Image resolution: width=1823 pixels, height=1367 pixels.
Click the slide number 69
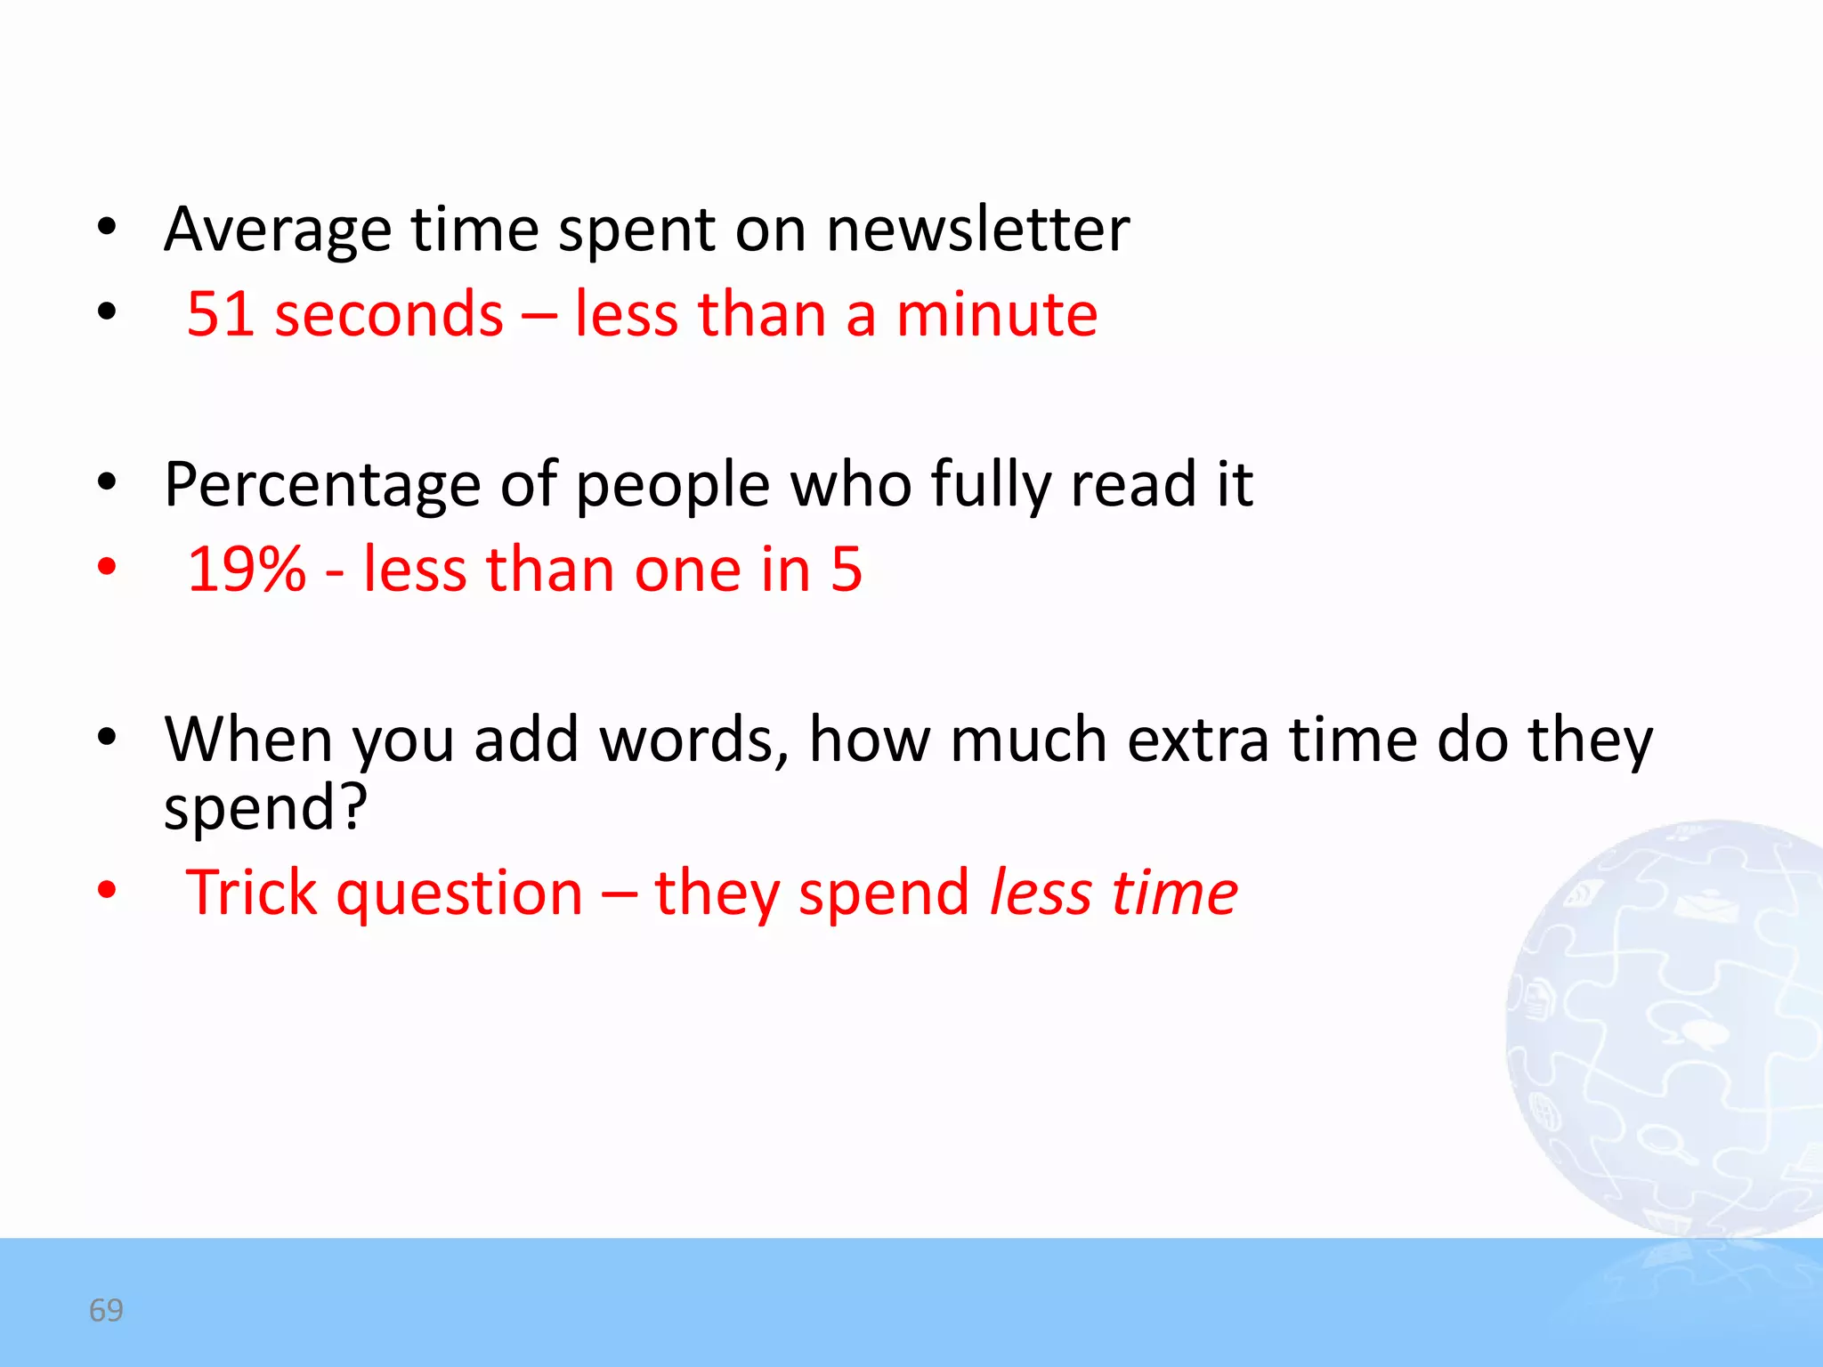(106, 1310)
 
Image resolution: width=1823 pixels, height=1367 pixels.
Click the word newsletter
(977, 230)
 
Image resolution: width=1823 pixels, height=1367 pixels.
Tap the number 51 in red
(220, 314)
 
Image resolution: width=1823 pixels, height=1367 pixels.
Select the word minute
(996, 314)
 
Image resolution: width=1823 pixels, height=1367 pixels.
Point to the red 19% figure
(247, 570)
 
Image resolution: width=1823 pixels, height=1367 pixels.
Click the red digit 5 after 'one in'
(847, 570)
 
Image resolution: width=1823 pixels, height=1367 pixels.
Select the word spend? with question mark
(265, 808)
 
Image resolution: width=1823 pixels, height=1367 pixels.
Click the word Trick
(250, 893)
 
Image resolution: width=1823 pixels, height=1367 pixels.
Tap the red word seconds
(389, 314)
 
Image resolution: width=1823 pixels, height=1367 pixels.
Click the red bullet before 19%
(107, 567)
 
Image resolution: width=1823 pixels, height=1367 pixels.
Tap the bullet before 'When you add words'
(107, 737)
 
